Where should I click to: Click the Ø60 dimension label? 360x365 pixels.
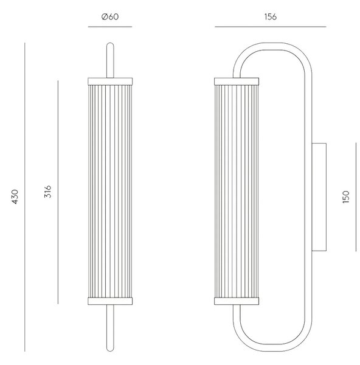point(110,17)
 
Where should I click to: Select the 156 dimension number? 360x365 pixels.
point(271,17)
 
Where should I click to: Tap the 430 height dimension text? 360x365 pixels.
point(15,197)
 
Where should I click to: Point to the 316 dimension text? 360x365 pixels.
point(47,192)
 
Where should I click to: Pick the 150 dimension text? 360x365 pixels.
point(346,197)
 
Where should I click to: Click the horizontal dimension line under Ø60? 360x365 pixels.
point(110,27)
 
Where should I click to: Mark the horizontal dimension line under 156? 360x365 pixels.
point(271,27)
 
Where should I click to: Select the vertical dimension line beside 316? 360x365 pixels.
point(58,192)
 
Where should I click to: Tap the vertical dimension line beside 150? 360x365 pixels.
point(356,197)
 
